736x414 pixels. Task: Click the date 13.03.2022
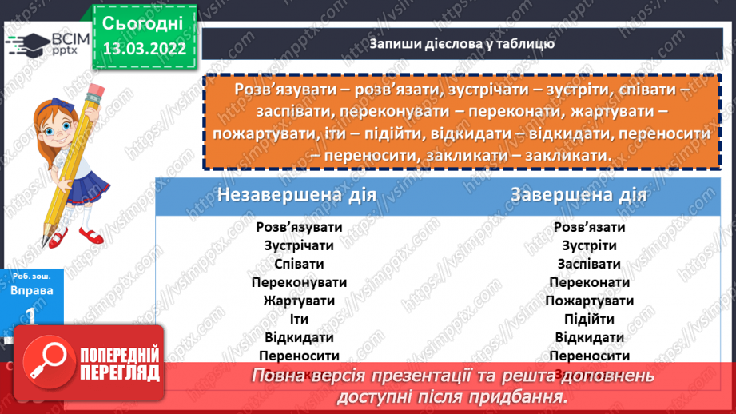[145, 46]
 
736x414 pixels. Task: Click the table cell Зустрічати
[299, 245]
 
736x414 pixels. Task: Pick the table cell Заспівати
[590, 264]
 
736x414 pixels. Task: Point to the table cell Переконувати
[299, 282]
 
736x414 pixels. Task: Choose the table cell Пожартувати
[590, 301]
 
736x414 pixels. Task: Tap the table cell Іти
[299, 319]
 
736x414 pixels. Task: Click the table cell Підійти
[590, 319]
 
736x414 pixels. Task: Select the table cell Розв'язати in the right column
[590, 227]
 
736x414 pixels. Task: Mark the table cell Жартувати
[299, 301]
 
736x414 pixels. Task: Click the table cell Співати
[299, 264]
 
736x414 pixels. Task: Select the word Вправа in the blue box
[32, 290]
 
